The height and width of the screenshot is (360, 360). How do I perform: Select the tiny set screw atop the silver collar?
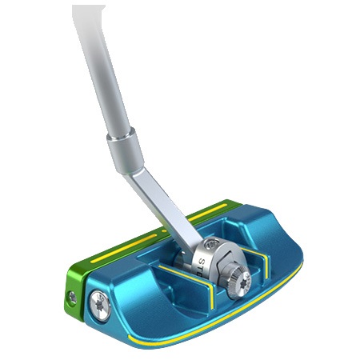210,246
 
